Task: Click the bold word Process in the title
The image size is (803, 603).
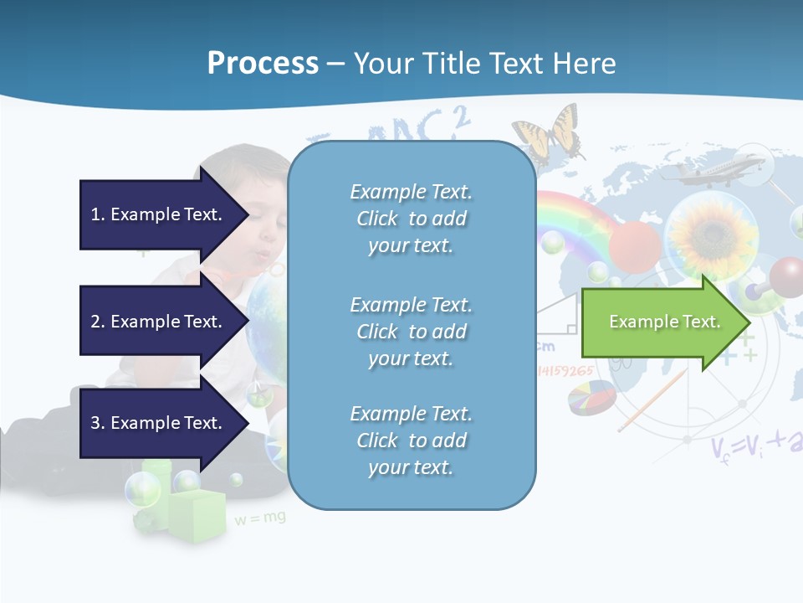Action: click(x=263, y=64)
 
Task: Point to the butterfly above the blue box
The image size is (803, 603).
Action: click(x=548, y=132)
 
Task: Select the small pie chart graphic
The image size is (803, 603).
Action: click(x=591, y=398)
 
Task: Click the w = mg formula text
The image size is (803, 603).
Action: click(x=260, y=518)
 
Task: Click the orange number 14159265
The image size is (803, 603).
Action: click(x=565, y=370)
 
